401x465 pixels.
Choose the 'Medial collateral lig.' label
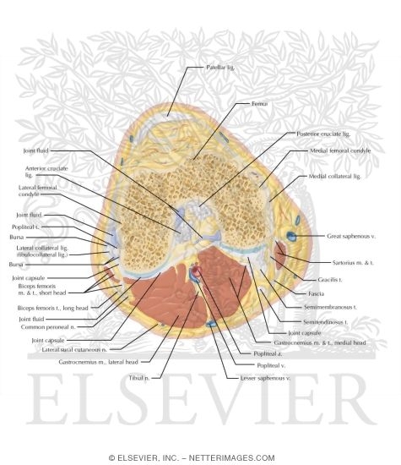coord(330,177)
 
